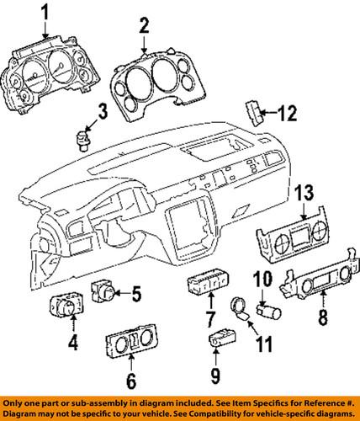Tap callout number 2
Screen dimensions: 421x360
pos(144,27)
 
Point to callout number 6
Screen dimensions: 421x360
pos(129,381)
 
